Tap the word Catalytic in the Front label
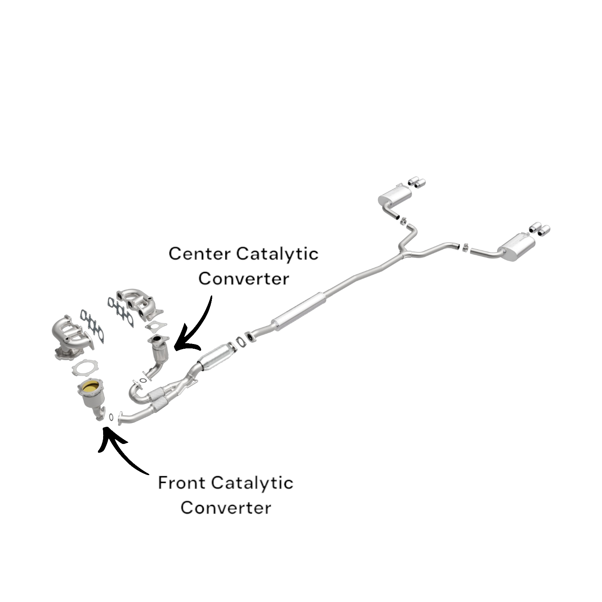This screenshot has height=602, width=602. (252, 483)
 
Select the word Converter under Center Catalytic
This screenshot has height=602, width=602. (243, 278)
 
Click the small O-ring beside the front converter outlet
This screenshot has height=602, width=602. (111, 417)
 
